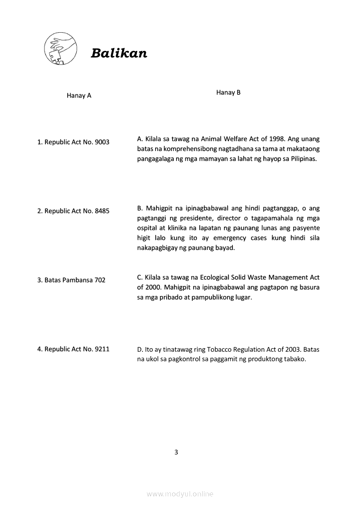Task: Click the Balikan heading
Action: point(119,53)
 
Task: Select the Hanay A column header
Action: point(79,95)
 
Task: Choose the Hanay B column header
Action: point(228,92)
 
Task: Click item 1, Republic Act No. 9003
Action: point(73,142)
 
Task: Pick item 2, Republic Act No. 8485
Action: point(73,211)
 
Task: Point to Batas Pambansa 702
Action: point(71,280)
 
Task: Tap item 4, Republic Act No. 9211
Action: point(73,349)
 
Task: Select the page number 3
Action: point(176,452)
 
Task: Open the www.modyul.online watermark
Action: point(180,494)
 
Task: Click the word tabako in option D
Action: point(296,359)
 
